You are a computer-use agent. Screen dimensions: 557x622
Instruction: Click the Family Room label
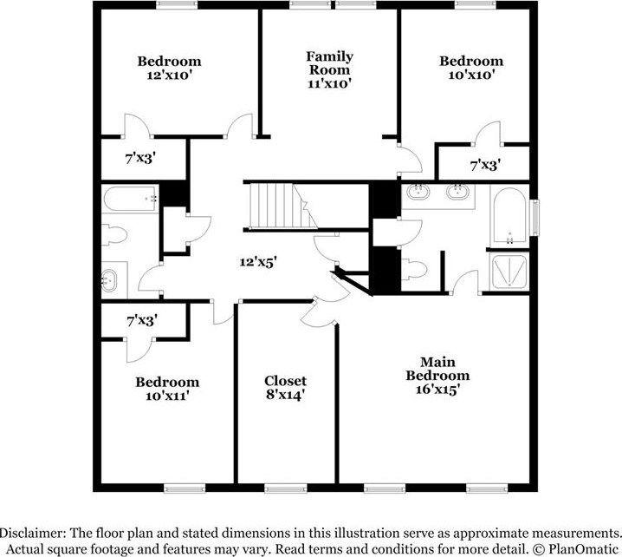pyautogui.click(x=329, y=63)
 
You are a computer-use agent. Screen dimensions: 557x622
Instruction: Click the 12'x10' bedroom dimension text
pyautogui.click(x=169, y=75)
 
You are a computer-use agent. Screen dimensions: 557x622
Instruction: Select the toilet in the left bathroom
pyautogui.click(x=113, y=235)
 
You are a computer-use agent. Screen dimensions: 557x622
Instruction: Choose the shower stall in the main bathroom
pyautogui.click(x=509, y=272)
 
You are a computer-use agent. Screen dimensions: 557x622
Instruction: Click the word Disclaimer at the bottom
pyautogui.click(x=36, y=531)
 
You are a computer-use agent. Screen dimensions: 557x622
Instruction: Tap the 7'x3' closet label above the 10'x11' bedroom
pyautogui.click(x=141, y=321)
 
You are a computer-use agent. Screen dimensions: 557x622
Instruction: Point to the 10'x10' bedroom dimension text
pyautogui.click(x=470, y=75)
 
